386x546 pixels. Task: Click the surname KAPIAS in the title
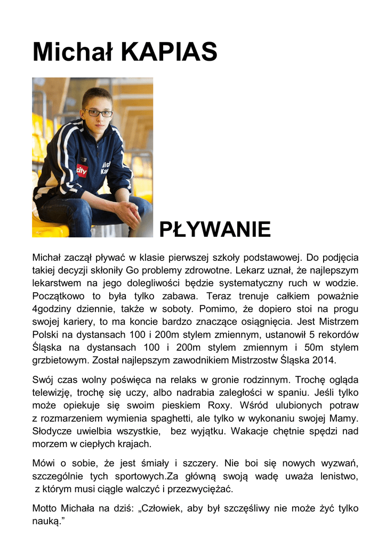click(170, 52)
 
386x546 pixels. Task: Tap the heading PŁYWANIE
click(215, 230)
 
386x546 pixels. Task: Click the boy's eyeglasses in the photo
click(98, 113)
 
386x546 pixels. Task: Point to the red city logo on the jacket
click(82, 171)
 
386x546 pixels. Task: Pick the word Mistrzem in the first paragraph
click(337, 322)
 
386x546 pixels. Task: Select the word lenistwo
click(339, 476)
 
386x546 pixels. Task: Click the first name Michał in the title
click(73, 52)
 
